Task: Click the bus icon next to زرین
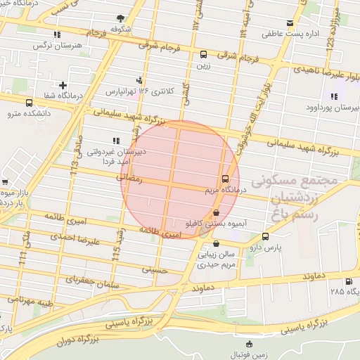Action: [204, 54]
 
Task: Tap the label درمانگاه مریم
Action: [204, 190]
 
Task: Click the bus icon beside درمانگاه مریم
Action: [225, 179]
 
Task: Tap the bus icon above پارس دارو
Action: [265, 237]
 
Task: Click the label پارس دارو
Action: [265, 248]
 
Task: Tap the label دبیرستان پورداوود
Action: [335, 108]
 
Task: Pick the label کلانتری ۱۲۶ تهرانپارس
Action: [131, 91]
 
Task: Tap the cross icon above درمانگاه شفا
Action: [63, 85]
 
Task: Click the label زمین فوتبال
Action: [251, 355]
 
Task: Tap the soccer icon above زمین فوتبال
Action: [250, 344]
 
